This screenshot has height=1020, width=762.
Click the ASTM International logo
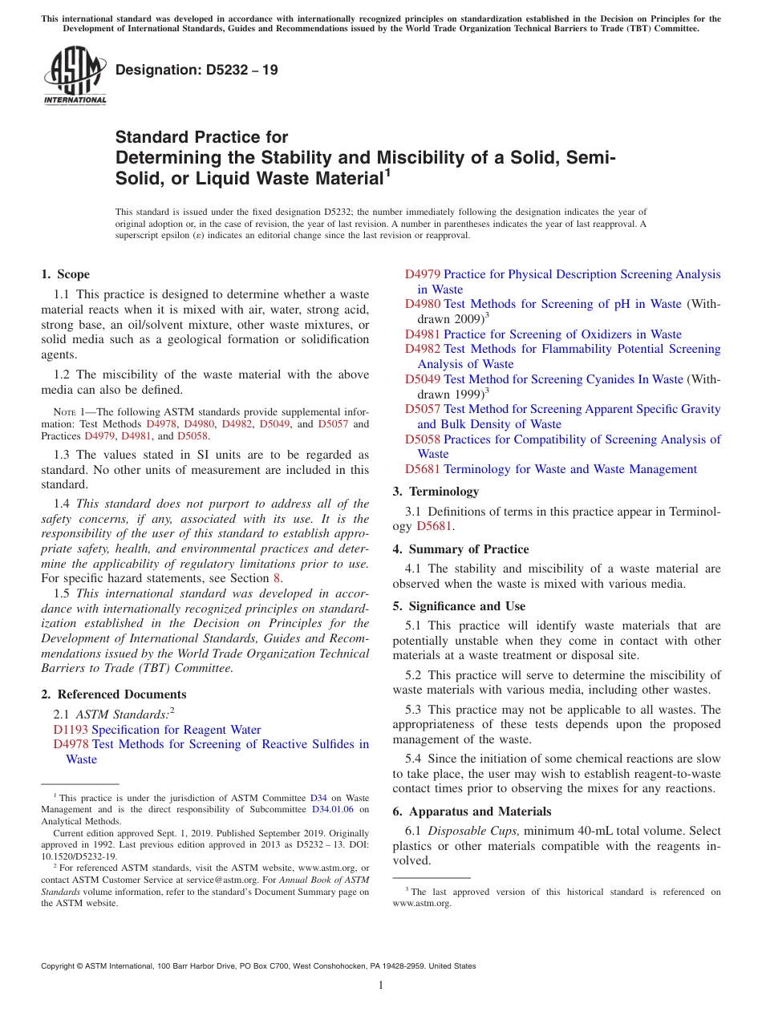tap(75, 75)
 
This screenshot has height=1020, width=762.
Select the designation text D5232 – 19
tap(197, 70)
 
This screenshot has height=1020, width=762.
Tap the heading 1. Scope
tap(66, 274)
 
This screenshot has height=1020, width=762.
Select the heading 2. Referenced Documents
tap(114, 694)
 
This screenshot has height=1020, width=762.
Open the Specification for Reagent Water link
tap(176, 730)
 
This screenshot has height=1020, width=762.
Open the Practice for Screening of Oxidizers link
tap(562, 334)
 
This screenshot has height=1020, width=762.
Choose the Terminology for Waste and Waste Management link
tap(570, 469)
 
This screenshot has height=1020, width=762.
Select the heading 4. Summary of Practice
tap(460, 549)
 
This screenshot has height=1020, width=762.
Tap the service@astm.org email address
tap(294, 880)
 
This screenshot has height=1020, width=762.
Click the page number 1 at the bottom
tap(381, 985)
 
